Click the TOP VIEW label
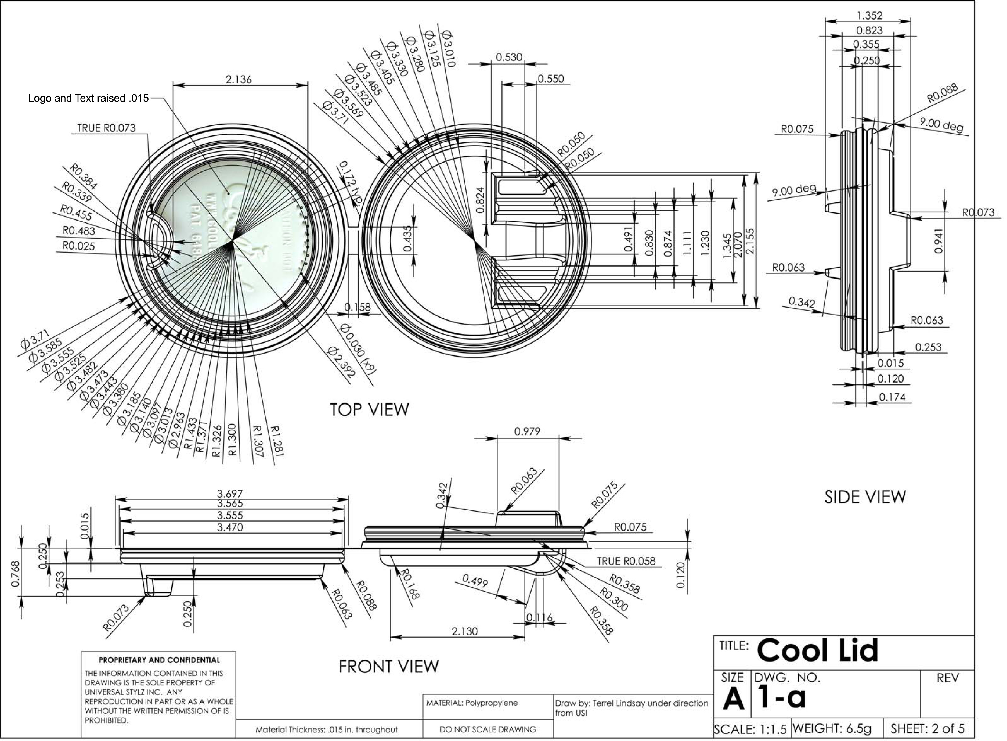[x=369, y=409]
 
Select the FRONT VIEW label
[x=388, y=667]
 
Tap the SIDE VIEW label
[x=865, y=497]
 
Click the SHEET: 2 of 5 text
[x=927, y=728]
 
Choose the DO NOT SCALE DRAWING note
[x=488, y=729]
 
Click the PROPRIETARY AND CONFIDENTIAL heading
[x=159, y=660]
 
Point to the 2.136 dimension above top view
[x=238, y=79]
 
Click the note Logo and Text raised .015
[x=88, y=98]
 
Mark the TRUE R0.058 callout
[x=626, y=561]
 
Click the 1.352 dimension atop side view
[x=869, y=16]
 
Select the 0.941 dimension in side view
[x=938, y=241]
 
